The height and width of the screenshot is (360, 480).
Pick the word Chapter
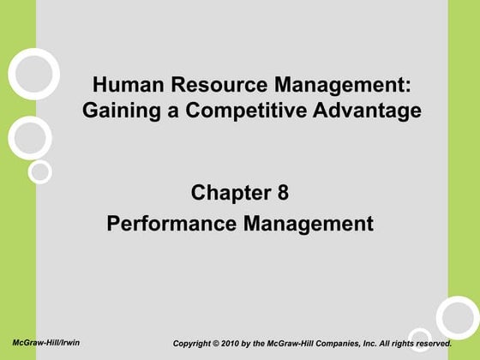click(x=228, y=193)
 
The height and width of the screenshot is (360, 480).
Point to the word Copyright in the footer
click(x=195, y=344)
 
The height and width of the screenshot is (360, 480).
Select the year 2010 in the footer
click(x=240, y=344)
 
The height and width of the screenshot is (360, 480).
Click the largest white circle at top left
click(x=33, y=73)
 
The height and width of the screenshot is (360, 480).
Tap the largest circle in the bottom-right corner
click(x=457, y=316)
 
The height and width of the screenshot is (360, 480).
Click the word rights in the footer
click(x=399, y=344)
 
